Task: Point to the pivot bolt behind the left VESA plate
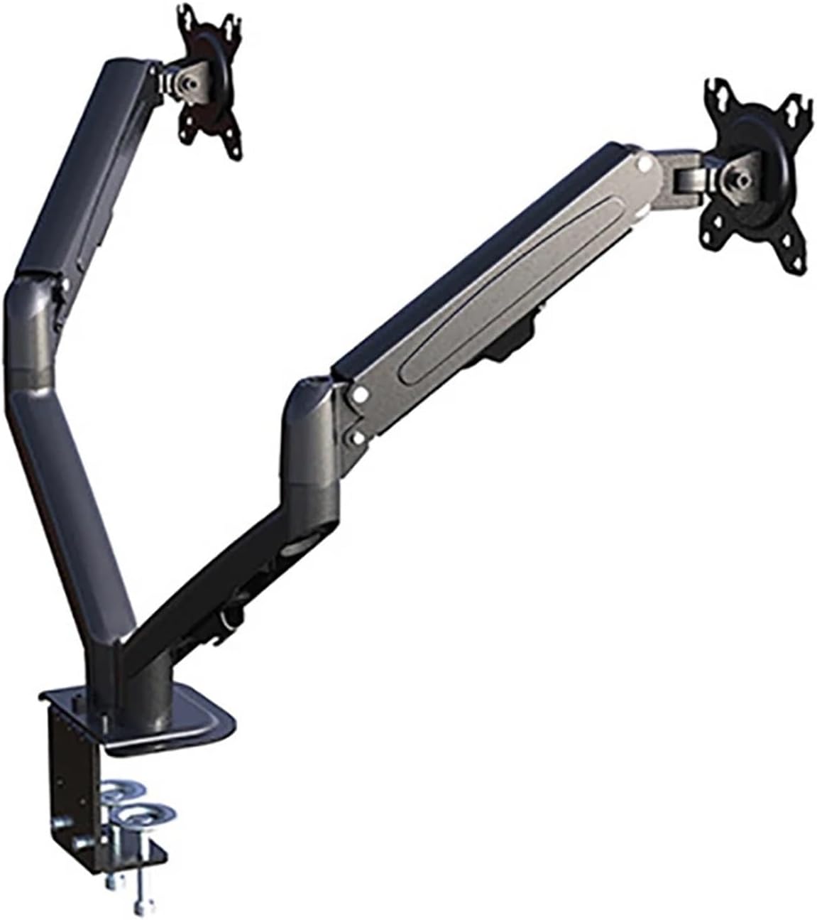point(187,82)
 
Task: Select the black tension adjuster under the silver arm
point(522,337)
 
